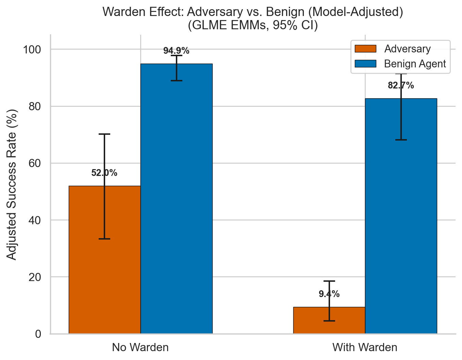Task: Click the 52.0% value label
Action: click(104, 173)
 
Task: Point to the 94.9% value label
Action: click(176, 51)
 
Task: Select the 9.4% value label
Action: click(329, 294)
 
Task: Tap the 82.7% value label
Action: click(401, 85)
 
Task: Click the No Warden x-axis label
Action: click(140, 347)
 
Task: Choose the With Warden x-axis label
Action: click(365, 347)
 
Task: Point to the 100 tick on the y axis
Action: click(32, 50)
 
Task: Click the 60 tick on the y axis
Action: click(34, 163)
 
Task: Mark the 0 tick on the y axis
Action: click(38, 334)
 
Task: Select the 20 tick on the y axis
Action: click(34, 277)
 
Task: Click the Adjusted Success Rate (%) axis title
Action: click(12, 184)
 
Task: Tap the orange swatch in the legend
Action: click(365, 49)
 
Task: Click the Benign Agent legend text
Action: click(415, 64)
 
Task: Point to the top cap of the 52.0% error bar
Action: click(104, 134)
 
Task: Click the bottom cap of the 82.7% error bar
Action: click(401, 140)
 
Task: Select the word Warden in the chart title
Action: click(121, 12)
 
